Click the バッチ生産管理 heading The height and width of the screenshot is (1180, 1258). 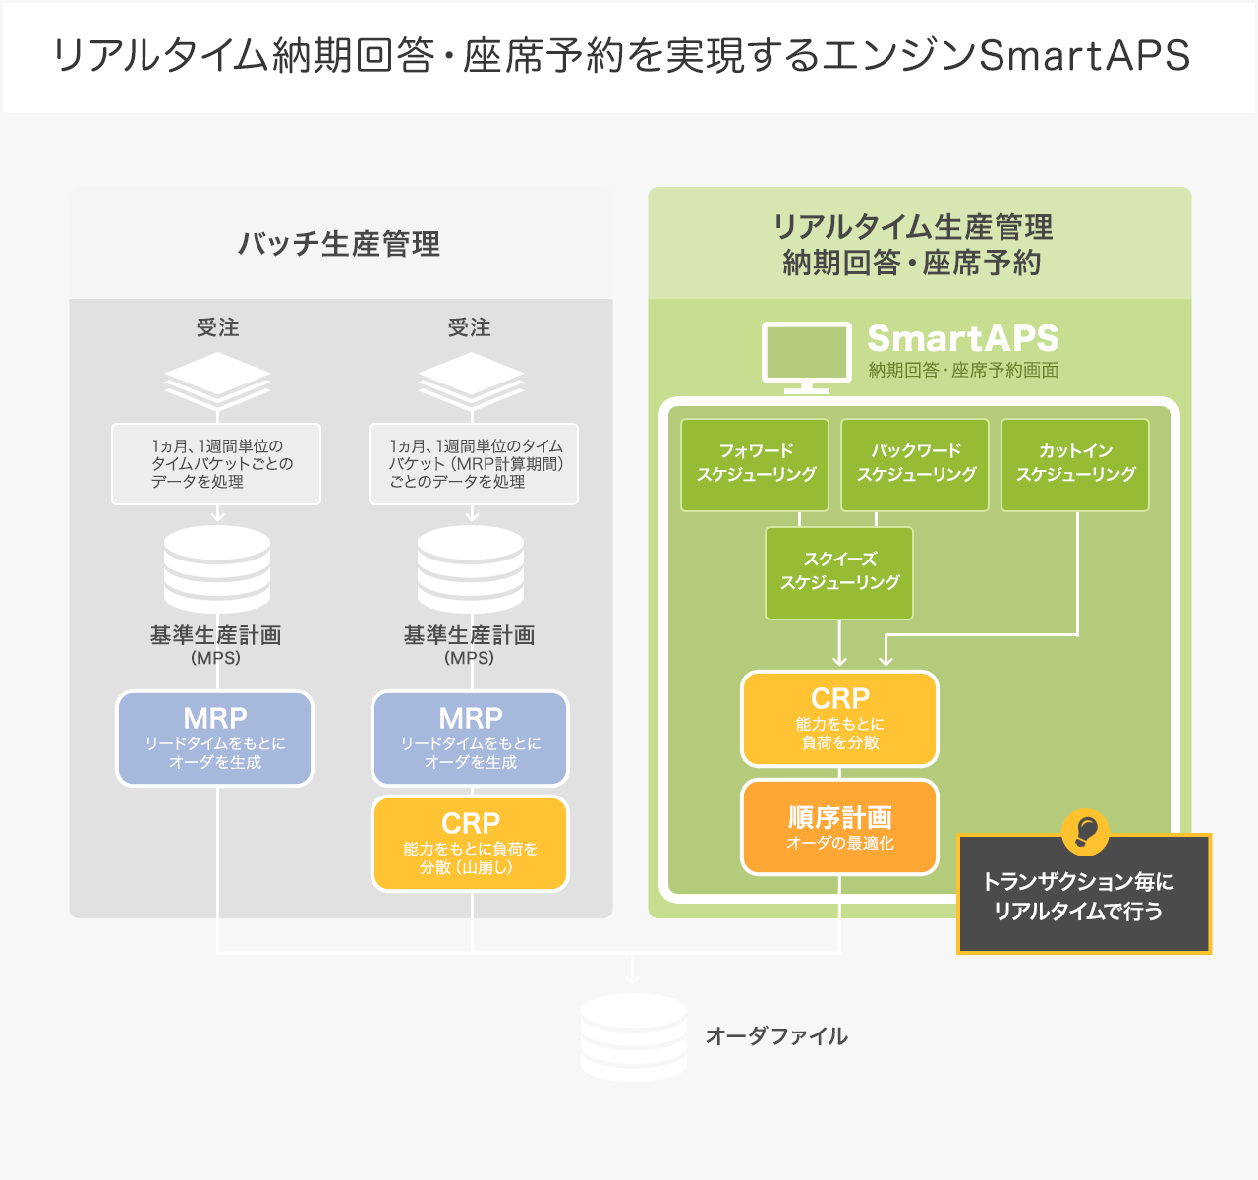point(339,243)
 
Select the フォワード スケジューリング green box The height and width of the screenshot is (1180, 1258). point(755,464)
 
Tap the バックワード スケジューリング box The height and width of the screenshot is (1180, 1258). point(915,464)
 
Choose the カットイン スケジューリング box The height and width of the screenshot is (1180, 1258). point(1075,464)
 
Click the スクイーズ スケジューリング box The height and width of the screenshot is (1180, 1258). point(839,572)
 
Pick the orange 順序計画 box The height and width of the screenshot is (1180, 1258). point(839,827)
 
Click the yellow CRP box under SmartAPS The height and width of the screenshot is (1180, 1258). point(839,719)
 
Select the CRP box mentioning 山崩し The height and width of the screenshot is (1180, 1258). point(470,844)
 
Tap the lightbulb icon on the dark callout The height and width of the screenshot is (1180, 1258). point(1085,832)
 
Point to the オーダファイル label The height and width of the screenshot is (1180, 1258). point(776,1035)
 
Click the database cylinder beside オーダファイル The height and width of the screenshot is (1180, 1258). point(633,1037)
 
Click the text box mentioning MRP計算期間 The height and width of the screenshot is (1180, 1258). point(474,464)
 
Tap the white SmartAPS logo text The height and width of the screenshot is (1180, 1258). point(962,338)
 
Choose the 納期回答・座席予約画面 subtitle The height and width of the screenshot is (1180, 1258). point(963,371)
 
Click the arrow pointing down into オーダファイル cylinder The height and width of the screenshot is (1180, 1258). point(633,973)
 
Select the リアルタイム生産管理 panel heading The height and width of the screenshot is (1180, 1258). point(913,245)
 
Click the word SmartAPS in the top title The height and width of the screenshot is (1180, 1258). point(1085,56)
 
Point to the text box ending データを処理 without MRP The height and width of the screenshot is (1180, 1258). point(216,464)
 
